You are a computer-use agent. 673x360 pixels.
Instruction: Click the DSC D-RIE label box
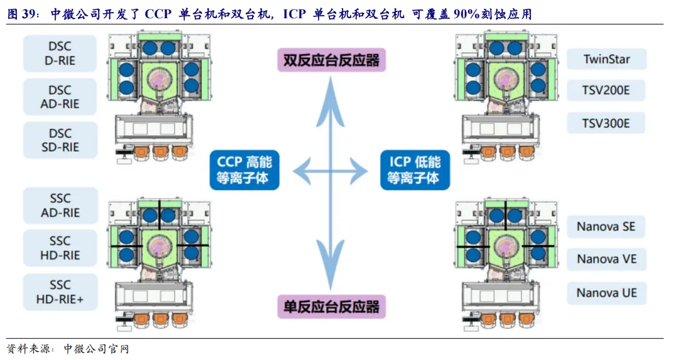(60, 53)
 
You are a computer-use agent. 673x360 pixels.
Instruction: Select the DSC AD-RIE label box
(60, 97)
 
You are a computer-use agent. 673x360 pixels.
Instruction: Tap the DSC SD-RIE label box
(60, 141)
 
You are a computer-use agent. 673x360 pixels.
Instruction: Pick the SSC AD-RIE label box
(60, 205)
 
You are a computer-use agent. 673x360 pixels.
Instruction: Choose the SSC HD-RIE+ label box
(60, 292)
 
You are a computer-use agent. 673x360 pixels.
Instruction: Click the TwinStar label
(606, 60)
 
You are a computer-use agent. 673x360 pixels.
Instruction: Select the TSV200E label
(606, 90)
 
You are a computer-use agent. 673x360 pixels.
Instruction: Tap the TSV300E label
(606, 123)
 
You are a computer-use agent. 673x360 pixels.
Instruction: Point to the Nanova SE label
(606, 226)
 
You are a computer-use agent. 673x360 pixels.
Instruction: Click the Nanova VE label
(606, 259)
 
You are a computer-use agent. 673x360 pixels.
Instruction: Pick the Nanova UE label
(606, 293)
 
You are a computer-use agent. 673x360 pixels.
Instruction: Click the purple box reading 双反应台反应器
(332, 60)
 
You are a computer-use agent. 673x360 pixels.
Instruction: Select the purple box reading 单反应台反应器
(332, 307)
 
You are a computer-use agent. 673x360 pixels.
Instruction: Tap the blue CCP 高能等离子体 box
(244, 169)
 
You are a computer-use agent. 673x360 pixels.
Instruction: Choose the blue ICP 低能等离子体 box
(415, 169)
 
